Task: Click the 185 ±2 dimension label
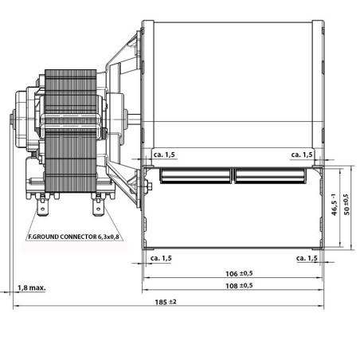[166, 302]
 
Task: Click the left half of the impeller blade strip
[195, 173]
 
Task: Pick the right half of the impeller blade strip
[267, 173]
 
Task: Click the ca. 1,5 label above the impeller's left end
[158, 155]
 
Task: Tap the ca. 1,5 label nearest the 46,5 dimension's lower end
[307, 258]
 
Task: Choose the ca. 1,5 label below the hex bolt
[160, 258]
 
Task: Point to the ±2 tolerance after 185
[172, 302]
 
